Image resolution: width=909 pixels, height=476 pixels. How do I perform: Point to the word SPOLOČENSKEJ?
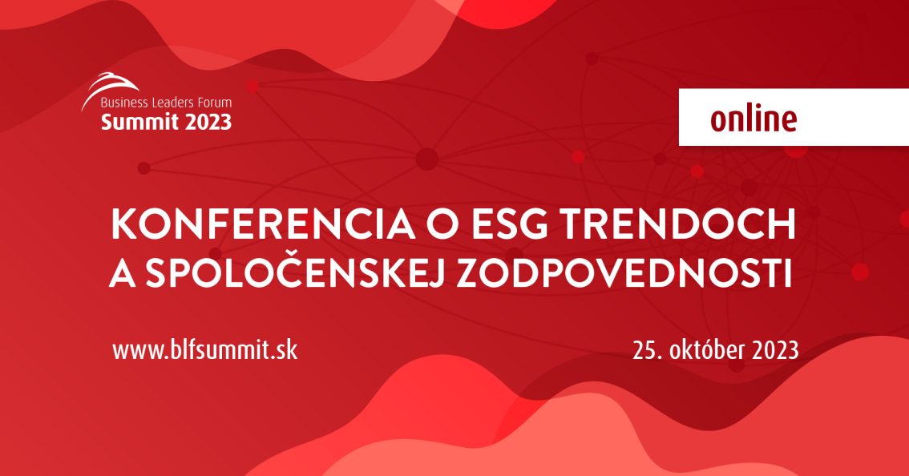tap(294, 272)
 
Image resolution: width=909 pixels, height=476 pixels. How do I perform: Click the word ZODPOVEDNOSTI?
tap(624, 272)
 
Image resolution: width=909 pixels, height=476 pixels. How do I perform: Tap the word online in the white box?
tap(753, 119)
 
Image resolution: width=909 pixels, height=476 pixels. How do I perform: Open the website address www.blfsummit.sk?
tap(204, 350)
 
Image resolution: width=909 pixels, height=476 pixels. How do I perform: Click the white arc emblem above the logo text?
tap(109, 87)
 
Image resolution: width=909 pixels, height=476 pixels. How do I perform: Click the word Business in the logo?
tap(123, 103)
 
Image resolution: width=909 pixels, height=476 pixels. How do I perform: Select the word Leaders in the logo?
tap(172, 103)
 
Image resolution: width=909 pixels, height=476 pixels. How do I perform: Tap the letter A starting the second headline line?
tap(123, 272)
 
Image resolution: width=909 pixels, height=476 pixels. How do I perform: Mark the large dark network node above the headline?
tap(426, 159)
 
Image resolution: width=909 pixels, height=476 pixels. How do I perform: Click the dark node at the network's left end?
tap(143, 168)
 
